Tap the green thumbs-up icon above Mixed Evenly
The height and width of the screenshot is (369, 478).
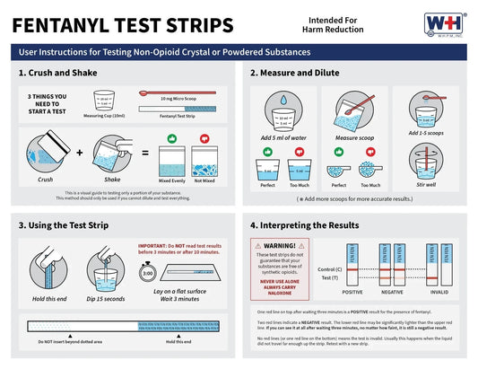172,139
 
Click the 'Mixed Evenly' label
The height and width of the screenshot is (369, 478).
172,180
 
